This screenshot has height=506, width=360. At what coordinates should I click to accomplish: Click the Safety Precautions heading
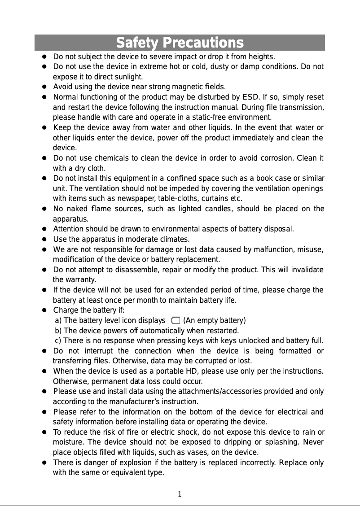pyautogui.click(x=180, y=43)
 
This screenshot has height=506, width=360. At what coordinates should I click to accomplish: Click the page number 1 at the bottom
pyautogui.click(x=180, y=494)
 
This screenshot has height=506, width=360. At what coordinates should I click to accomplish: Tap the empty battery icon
pyautogui.click(x=175, y=320)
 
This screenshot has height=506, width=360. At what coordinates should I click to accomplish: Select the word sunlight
pyautogui.click(x=129, y=77)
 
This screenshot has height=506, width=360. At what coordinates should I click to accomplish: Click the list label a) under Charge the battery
pyautogui.click(x=58, y=320)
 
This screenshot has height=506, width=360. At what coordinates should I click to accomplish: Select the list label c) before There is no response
pyautogui.click(x=58, y=340)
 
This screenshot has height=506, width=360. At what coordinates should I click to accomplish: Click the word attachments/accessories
pyautogui.click(x=216, y=391)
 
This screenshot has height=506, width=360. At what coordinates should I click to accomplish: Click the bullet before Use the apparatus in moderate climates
pyautogui.click(x=45, y=239)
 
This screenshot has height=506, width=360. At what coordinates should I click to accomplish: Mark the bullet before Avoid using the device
pyautogui.click(x=45, y=87)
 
